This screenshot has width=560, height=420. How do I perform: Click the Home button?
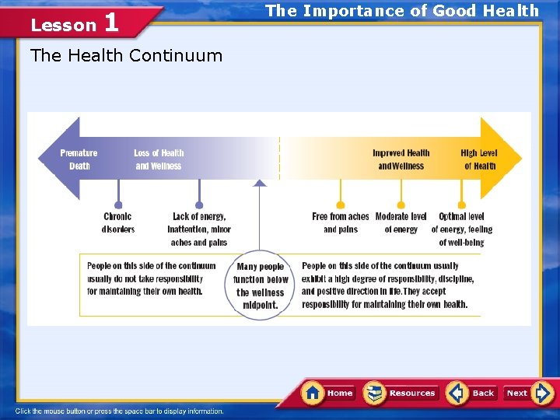[x=328, y=393]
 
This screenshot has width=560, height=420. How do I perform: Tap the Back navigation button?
[x=472, y=393]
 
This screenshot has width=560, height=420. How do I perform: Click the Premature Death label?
[x=79, y=159]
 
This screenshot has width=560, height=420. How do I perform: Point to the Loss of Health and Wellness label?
[x=159, y=159]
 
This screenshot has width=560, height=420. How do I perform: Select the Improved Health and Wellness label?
[x=401, y=159]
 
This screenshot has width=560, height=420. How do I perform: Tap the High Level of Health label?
[x=479, y=159]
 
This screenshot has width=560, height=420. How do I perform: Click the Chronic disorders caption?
[x=118, y=222]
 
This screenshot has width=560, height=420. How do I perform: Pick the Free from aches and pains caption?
[x=341, y=222]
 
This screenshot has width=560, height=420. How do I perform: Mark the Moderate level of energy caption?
[x=401, y=222]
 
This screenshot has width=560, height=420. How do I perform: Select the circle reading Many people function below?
[x=261, y=285]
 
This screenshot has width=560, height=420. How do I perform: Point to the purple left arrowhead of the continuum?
[x=59, y=158]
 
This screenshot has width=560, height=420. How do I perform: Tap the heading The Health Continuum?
[x=125, y=55]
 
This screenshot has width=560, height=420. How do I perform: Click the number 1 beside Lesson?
[x=110, y=22]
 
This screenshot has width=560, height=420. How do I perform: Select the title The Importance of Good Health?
[x=402, y=10]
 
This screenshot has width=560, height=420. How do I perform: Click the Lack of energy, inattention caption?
[x=199, y=229]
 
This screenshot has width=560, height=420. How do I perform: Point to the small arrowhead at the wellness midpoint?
[x=261, y=183]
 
